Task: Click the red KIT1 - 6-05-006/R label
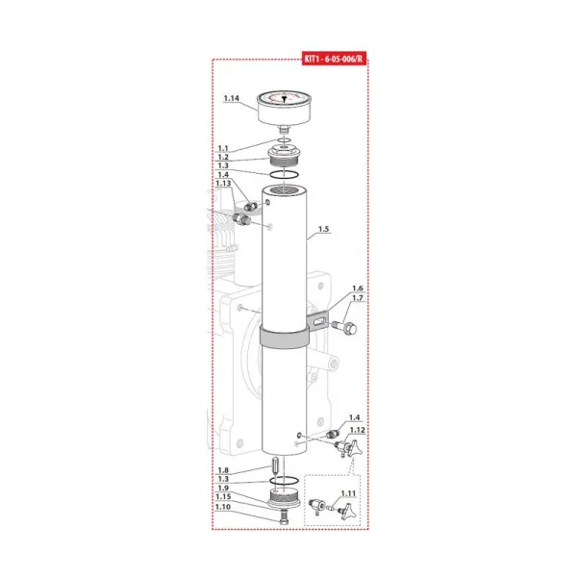pos(334,59)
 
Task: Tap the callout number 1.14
pos(232,98)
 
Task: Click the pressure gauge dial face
pos(284,98)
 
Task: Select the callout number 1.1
pos(223,148)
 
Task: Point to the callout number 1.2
pos(223,157)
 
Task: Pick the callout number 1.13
pos(223,184)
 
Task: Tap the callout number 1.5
pos(323,229)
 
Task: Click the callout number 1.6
pos(358,288)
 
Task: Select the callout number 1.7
pos(358,298)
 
